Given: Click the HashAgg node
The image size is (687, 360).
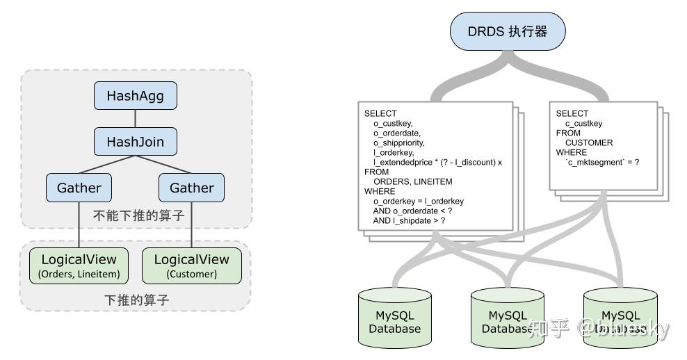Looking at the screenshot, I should click(136, 96).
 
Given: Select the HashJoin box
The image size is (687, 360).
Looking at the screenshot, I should click(136, 142).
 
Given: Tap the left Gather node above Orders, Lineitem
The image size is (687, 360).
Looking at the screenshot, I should click(79, 188).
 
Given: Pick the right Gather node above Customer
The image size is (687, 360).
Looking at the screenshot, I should click(191, 188).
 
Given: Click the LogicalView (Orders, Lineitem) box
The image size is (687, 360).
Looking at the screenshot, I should click(79, 265).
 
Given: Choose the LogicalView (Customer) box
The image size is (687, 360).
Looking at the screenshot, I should click(191, 265).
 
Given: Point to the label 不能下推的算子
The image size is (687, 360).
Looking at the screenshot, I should click(139, 215).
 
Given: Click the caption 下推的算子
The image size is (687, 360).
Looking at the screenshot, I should click(136, 300).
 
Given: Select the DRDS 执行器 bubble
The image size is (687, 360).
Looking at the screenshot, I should click(508, 31).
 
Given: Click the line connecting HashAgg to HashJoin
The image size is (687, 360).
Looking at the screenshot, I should click(136, 119).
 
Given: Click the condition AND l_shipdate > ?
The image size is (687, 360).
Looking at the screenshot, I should click(409, 220).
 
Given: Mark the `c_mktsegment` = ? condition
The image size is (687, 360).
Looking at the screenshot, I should click(601, 162).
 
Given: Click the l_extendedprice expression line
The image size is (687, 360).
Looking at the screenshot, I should click(437, 162).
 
